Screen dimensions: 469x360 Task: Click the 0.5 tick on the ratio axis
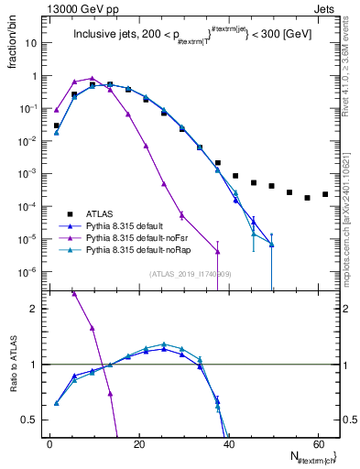(x=33, y=420)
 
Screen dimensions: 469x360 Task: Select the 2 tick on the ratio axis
(x=38, y=309)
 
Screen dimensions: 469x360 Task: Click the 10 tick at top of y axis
(x=31, y=42)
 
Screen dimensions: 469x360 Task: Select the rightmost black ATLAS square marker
(x=325, y=194)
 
